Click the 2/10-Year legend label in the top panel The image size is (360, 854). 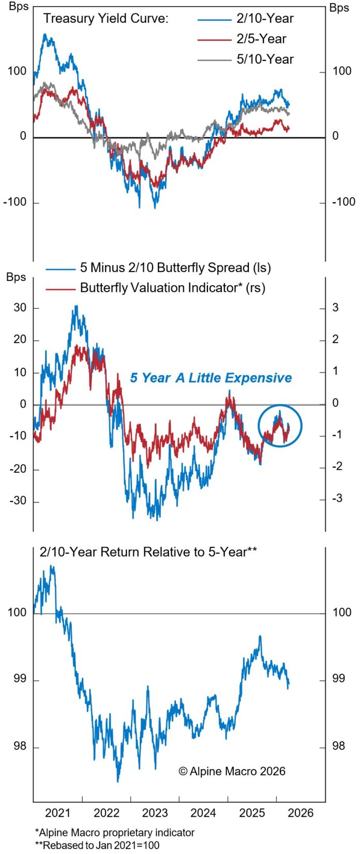pyautogui.click(x=265, y=19)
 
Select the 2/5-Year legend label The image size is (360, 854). pyautogui.click(x=261, y=39)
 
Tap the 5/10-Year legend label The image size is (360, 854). pyautogui.click(x=265, y=59)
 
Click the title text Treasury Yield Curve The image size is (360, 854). pyautogui.click(x=106, y=19)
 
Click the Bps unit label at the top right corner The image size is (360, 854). pyautogui.click(x=339, y=8)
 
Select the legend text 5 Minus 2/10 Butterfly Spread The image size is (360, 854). pyautogui.click(x=175, y=267)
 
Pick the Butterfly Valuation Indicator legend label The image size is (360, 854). pyautogui.click(x=172, y=288)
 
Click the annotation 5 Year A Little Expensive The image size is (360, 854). pyautogui.click(x=211, y=378)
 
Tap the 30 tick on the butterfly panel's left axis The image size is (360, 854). pyautogui.click(x=20, y=308)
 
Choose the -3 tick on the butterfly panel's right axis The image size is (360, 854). pyautogui.click(x=337, y=498)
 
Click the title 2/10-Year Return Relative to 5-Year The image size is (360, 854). pyautogui.click(x=148, y=552)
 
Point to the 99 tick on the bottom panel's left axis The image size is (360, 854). pyautogui.click(x=20, y=679)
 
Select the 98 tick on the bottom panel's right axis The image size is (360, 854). pyautogui.click(x=338, y=746)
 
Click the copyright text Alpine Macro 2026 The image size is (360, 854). pyautogui.click(x=232, y=771)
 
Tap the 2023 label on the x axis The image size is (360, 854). pyautogui.click(x=155, y=813)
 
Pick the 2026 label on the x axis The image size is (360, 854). pyautogui.click(x=301, y=813)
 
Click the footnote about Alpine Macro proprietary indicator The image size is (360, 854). pyautogui.click(x=114, y=833)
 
